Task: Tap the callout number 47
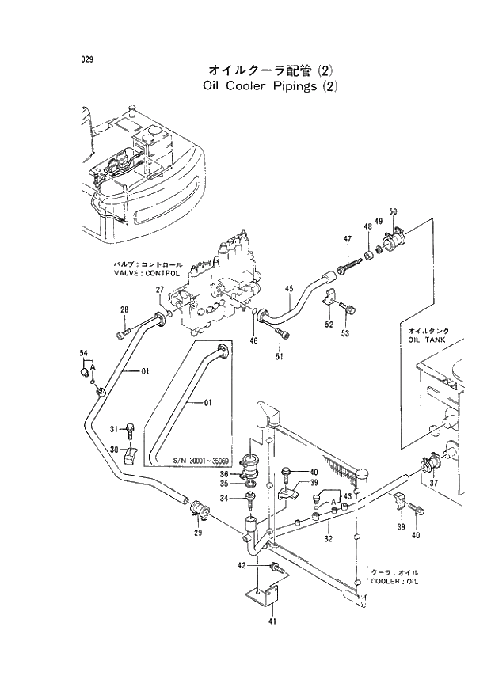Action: click(x=347, y=239)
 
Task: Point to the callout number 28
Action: click(x=124, y=309)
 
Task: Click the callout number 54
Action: click(x=84, y=352)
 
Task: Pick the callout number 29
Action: click(x=197, y=533)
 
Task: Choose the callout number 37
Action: click(x=433, y=483)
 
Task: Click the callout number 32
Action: click(x=327, y=537)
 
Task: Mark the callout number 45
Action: click(x=289, y=288)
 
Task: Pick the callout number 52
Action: click(x=329, y=325)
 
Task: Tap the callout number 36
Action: click(x=224, y=474)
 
